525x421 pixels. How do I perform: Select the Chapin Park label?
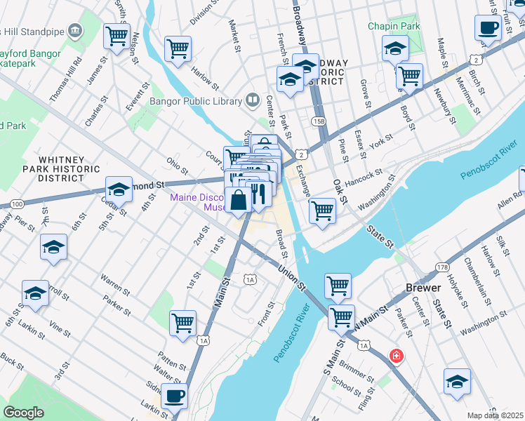(x=394, y=26)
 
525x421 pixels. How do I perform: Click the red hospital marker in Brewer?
(x=397, y=356)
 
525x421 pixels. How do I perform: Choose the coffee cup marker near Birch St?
(x=487, y=28)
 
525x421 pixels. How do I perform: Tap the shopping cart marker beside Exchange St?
(x=322, y=209)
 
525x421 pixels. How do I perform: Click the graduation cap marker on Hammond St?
(x=119, y=189)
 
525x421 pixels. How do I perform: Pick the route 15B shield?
(x=319, y=121)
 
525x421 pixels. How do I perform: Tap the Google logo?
(x=23, y=412)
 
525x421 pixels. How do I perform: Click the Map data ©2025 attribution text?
(x=496, y=415)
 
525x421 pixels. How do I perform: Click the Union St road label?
(x=290, y=276)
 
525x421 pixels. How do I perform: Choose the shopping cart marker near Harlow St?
(x=178, y=48)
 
